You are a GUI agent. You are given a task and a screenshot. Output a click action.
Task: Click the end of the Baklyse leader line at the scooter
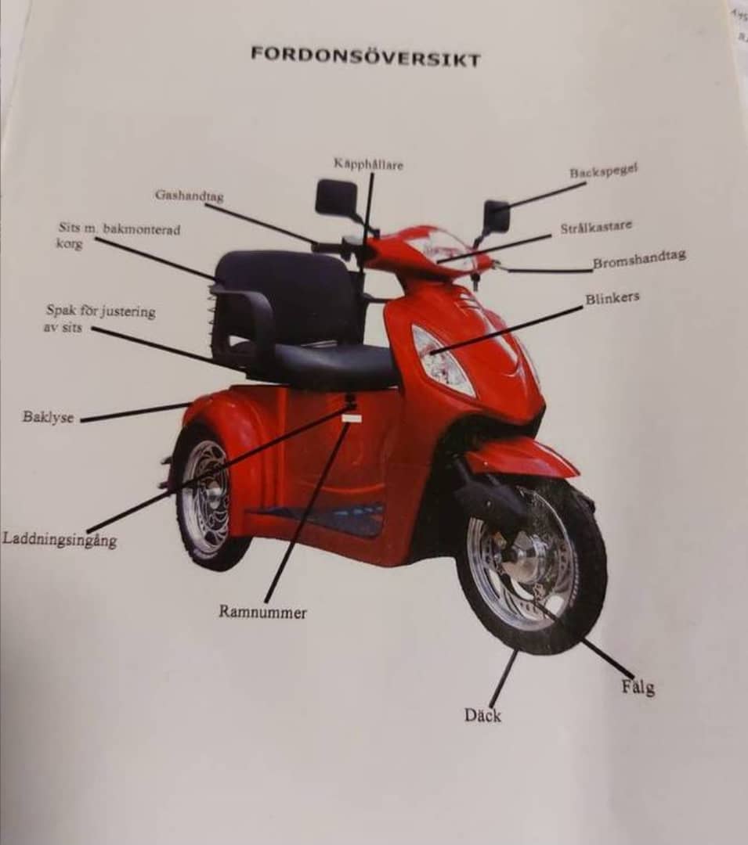pos(192,403)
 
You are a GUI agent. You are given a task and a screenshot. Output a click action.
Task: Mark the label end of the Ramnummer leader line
pos(266,602)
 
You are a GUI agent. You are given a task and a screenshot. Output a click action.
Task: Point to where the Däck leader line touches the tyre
pos(517,652)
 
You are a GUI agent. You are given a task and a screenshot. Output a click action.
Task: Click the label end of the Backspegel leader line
pos(586,183)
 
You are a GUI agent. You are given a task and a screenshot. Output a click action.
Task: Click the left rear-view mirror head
pos(337,196)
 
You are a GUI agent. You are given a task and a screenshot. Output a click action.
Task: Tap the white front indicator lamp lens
pos(439,358)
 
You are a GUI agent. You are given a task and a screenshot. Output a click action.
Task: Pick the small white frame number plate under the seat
pos(352,418)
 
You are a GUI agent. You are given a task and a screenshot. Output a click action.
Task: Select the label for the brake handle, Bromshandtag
pos(639,259)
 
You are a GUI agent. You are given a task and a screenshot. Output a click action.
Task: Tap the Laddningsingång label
pos(60,539)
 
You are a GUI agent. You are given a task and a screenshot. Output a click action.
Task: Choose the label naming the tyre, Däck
pos(482,715)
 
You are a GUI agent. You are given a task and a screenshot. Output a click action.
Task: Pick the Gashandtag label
pos(189,195)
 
